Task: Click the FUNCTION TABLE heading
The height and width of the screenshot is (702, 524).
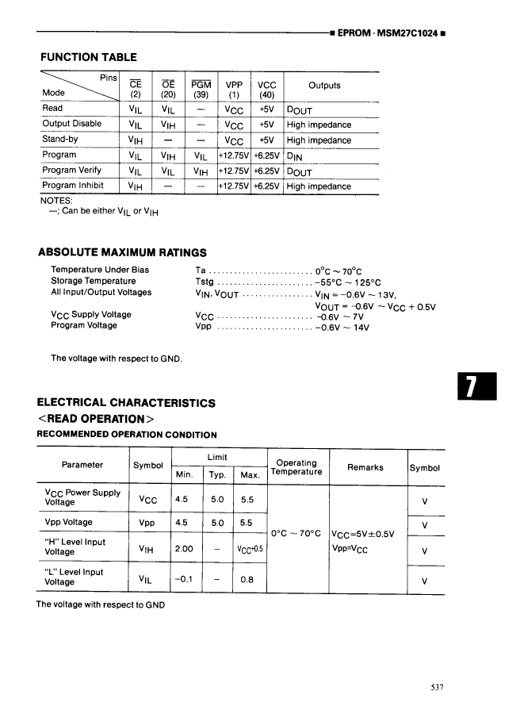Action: (88, 57)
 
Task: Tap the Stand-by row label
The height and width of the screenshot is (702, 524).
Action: (63, 140)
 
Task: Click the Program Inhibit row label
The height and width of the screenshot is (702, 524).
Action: (74, 186)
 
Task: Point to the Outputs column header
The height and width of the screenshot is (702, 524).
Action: (324, 86)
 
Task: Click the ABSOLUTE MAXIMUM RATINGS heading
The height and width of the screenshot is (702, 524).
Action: (122, 253)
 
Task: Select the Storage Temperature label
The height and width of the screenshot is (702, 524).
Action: (94, 282)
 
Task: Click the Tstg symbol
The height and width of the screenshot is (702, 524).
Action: (204, 282)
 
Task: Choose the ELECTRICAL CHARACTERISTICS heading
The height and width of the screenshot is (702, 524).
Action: (126, 403)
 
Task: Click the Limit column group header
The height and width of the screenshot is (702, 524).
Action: (217, 458)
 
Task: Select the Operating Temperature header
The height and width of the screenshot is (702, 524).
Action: (296, 467)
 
